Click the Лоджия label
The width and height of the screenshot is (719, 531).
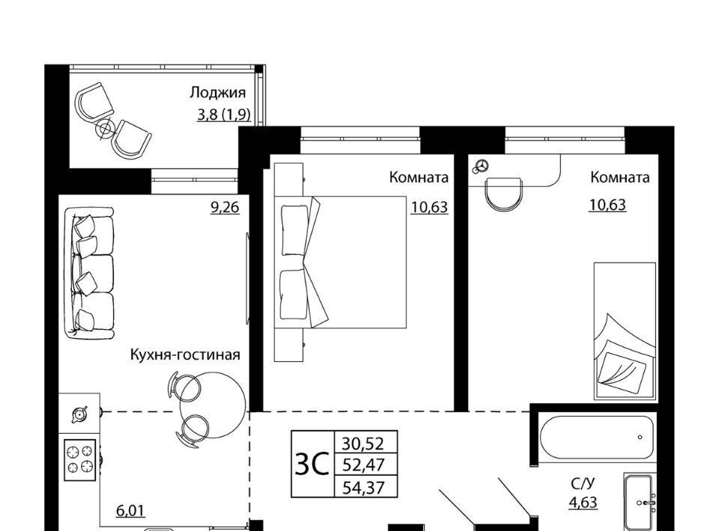pos(218,93)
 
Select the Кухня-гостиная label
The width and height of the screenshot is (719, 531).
pos(185,354)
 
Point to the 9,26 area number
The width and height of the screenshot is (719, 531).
pos(225,207)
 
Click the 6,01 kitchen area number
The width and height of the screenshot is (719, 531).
pos(130,510)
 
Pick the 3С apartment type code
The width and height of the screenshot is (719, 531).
pos(312,464)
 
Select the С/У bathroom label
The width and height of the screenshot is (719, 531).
pos(583,484)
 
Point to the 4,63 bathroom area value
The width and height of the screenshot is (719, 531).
pos(583,503)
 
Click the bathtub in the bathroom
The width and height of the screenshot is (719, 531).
pos(597,437)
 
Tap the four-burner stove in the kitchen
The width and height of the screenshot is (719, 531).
pos(80,460)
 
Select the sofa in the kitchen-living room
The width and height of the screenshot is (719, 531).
pos(89,273)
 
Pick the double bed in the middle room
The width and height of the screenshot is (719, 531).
pos(340,262)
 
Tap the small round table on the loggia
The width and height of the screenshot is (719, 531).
pos(106,129)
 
